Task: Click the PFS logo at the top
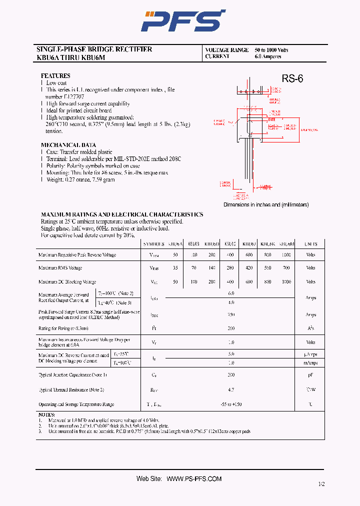[x=183, y=21]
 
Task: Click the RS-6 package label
[x=292, y=78]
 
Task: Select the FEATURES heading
[x=55, y=76]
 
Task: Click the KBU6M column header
[x=286, y=244]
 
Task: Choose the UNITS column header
[x=310, y=244]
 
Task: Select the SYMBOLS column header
[x=154, y=244]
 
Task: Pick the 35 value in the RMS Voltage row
[x=175, y=268]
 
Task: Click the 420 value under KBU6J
[x=249, y=268]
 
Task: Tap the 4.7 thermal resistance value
[x=231, y=389]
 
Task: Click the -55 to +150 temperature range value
[x=231, y=404]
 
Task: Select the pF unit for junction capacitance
[x=310, y=374]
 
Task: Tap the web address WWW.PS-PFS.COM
[x=194, y=479]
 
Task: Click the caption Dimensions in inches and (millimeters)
[x=266, y=205]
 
